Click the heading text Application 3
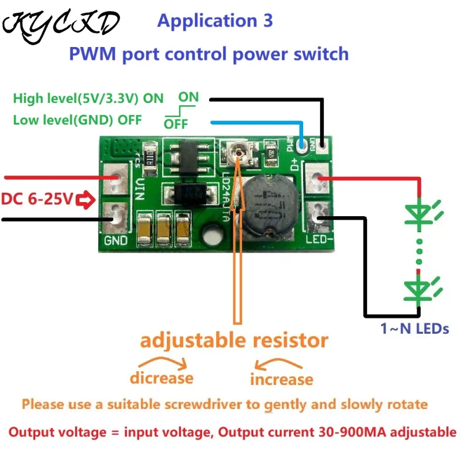pos(215,21)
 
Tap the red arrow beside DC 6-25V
pos(85,200)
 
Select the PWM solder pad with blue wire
pos(302,146)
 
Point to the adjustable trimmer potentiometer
pos(239,153)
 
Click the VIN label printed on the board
pos(140,189)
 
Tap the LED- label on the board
pos(319,240)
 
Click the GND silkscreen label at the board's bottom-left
pos(116,240)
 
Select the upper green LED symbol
pos(422,214)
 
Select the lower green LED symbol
pos(421,291)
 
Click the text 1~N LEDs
pos(415,328)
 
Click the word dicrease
pos(162,378)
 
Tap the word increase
pos(282,380)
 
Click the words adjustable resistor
pos(234,341)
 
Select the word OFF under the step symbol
pos(176,124)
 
